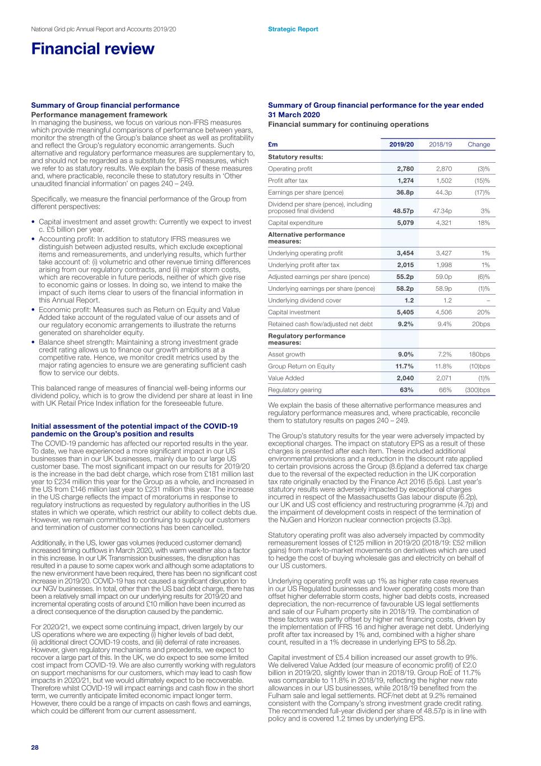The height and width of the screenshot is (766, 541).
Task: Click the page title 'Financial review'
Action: point(93,49)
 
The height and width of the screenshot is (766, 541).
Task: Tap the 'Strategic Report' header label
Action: point(293,29)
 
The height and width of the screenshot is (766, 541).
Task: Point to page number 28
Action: point(35,747)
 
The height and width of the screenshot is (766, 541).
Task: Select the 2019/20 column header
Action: point(401,144)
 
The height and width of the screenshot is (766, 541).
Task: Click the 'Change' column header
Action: point(479,144)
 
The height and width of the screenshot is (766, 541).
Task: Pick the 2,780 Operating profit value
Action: point(405,169)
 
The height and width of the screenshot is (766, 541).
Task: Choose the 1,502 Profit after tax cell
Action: point(443,181)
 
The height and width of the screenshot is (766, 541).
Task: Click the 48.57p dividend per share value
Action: point(403,211)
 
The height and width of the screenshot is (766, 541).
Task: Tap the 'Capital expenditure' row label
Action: point(295,223)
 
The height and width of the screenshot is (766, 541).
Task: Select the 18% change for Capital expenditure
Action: point(484,223)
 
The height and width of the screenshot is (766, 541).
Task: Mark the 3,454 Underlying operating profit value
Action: point(405,253)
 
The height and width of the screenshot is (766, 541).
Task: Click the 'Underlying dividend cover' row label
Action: point(304,300)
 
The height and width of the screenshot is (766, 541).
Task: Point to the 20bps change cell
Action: point(480,324)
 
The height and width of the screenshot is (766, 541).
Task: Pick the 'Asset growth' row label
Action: point(286,355)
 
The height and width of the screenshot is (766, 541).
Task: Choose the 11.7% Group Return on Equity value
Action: point(404,366)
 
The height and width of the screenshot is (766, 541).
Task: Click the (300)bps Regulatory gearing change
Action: point(477,390)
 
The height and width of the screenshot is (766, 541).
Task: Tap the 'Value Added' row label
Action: point(286,378)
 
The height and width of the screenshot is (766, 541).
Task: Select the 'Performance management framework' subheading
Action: point(99,114)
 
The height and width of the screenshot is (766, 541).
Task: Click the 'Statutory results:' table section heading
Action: point(295,157)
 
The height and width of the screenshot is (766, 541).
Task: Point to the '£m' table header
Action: point(273,144)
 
